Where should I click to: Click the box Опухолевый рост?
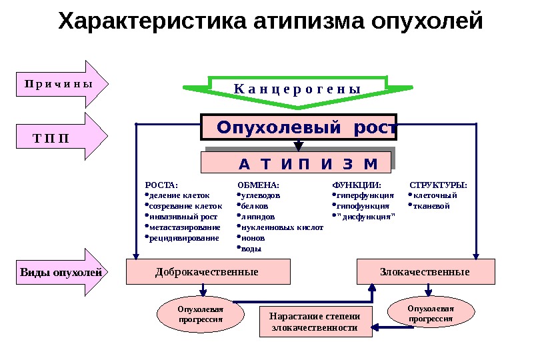298,127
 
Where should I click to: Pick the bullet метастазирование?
183,227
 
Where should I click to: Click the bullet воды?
251,249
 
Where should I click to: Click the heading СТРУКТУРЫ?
438,185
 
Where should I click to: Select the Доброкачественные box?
208,272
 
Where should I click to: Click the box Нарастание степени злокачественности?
315,323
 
